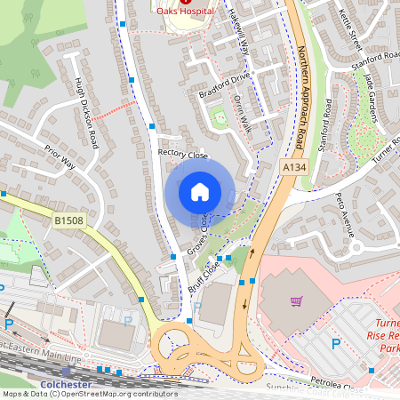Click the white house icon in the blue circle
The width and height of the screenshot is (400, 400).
pos(200,191)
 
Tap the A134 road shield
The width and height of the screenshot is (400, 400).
pos(296,166)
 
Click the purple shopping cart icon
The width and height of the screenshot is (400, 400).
pos(297,303)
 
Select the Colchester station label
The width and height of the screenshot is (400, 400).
pos(67,383)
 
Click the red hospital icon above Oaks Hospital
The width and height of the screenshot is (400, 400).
pos(184,2)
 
